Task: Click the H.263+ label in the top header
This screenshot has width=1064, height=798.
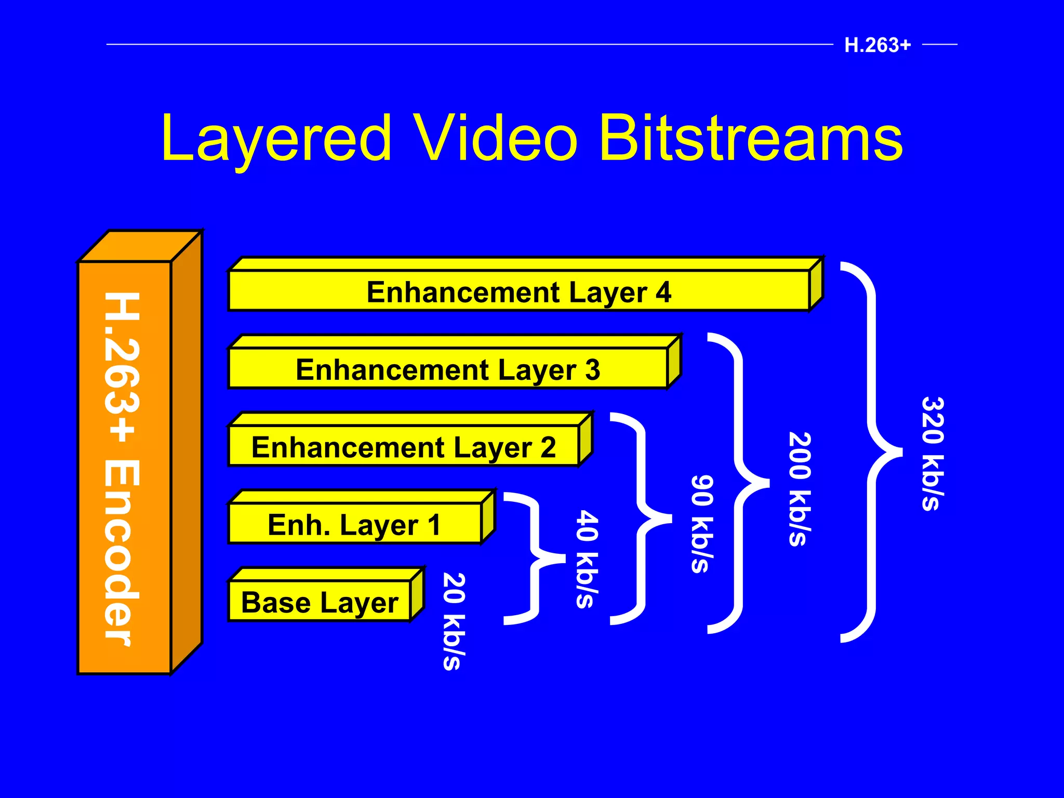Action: click(877, 45)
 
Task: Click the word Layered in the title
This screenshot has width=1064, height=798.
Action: click(276, 138)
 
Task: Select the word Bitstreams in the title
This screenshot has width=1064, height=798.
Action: click(751, 138)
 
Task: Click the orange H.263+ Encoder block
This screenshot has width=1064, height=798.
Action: click(125, 468)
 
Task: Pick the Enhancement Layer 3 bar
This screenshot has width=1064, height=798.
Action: click(448, 369)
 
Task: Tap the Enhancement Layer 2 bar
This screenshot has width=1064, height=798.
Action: click(404, 447)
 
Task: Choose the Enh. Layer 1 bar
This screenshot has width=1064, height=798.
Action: click(354, 524)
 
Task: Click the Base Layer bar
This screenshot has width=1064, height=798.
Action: click(320, 602)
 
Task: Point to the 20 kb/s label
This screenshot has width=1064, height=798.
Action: click(453, 621)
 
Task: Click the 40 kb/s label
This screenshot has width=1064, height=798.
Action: click(587, 559)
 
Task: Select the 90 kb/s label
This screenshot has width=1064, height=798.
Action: click(702, 524)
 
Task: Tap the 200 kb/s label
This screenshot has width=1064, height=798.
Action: click(800, 489)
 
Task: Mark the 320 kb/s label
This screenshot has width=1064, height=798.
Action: click(933, 454)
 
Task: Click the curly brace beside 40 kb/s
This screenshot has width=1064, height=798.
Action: click(535, 558)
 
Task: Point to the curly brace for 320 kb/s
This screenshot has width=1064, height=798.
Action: click(873, 452)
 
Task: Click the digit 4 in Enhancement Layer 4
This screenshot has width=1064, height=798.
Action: click(663, 291)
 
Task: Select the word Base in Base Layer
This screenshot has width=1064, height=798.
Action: click(276, 602)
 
